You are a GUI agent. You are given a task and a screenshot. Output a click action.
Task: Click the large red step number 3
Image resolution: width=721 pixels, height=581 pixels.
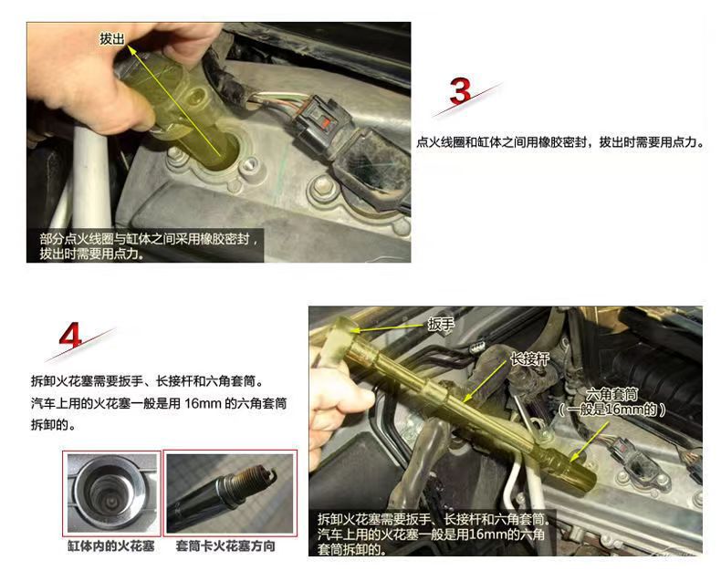(x=459, y=91)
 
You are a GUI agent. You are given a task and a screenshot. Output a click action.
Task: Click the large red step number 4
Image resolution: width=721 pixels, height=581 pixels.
(x=70, y=335)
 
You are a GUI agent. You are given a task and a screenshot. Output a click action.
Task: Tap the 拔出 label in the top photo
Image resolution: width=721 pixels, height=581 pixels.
(x=112, y=39)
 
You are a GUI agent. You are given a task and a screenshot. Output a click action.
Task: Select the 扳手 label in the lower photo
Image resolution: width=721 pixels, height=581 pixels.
(x=441, y=325)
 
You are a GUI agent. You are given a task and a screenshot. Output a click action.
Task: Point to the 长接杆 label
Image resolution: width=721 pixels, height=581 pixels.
(x=529, y=359)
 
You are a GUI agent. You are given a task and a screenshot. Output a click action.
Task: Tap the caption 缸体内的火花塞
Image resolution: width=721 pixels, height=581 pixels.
(x=110, y=546)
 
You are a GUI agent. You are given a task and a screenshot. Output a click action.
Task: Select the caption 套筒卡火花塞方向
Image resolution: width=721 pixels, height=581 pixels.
(x=225, y=546)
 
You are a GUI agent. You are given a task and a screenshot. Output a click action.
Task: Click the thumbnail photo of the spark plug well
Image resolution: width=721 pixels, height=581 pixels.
(x=111, y=493)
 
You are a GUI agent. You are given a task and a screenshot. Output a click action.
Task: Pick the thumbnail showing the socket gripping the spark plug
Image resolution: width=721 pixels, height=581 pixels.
(x=230, y=493)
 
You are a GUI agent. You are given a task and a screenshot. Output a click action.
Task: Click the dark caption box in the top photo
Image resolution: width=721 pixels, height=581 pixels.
(x=145, y=246)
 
